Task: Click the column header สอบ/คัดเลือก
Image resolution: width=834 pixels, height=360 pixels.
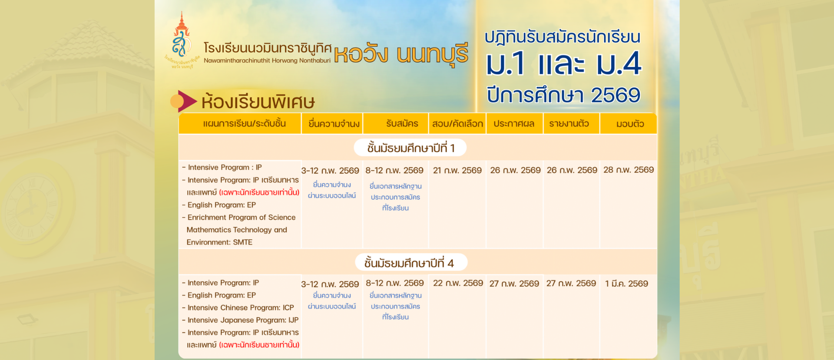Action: point(457,124)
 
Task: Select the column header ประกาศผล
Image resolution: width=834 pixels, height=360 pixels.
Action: point(514,124)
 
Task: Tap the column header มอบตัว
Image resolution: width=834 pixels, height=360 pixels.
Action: point(630,124)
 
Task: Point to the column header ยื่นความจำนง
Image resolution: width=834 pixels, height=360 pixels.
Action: point(334,124)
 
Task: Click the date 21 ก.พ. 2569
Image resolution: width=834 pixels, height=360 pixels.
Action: point(457,170)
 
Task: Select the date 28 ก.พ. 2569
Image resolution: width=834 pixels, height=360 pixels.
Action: point(629,170)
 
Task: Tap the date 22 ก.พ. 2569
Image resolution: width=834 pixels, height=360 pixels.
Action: point(458,283)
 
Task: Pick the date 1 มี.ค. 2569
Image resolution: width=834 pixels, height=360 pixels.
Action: point(626,284)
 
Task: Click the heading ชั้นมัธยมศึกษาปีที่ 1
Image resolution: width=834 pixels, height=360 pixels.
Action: point(410,148)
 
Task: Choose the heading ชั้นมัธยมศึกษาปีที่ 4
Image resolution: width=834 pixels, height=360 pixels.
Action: point(409,263)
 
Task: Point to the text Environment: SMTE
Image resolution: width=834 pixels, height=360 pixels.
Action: point(219,242)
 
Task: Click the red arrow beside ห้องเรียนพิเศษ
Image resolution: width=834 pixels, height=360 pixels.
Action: point(187,101)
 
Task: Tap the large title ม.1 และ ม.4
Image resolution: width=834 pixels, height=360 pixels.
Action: point(563,63)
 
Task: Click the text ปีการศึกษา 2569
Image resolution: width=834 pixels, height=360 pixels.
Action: point(563,95)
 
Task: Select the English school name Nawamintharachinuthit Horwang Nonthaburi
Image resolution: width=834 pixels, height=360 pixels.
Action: point(267,60)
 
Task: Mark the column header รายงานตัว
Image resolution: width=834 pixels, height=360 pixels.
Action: point(569,124)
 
